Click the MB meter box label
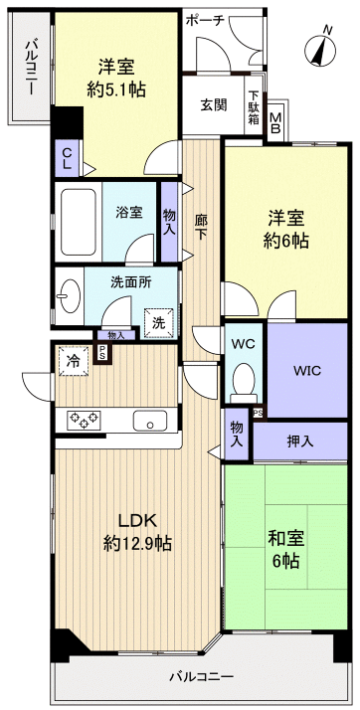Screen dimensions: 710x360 tap(275, 118)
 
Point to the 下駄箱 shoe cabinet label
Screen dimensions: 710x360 tap(254, 105)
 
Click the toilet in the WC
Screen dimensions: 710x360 tap(243, 381)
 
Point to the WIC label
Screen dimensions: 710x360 tap(307, 370)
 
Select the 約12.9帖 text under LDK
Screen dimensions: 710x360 tap(136, 544)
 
